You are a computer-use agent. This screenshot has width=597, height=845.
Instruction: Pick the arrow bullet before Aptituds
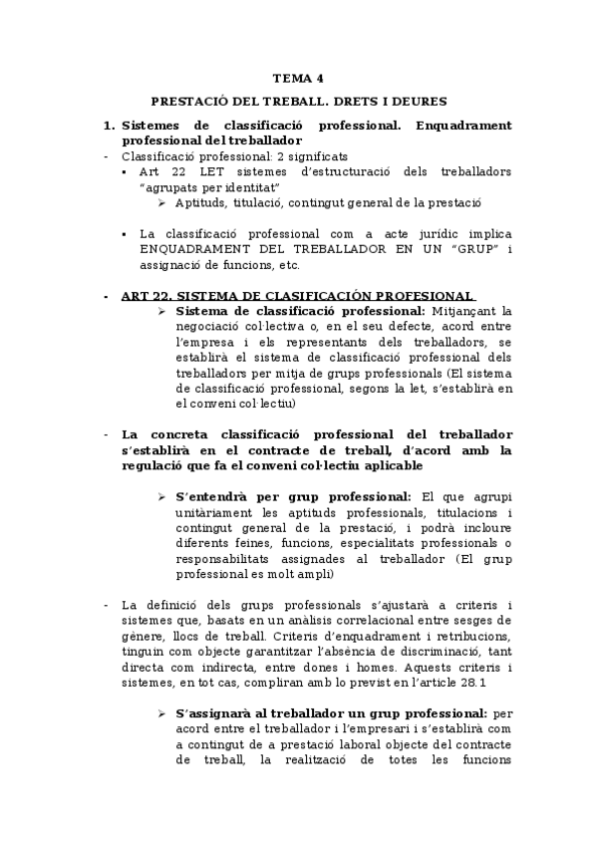click(x=162, y=202)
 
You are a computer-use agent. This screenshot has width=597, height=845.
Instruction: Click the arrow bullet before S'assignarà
click(x=162, y=714)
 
